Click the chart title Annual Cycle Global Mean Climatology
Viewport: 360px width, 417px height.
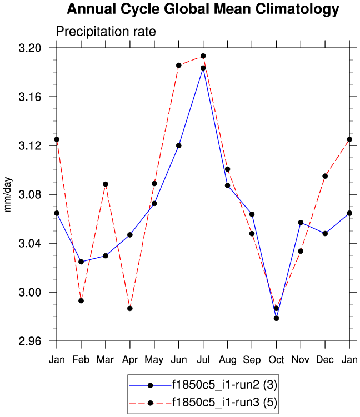pos(203,9)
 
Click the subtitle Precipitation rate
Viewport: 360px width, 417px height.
pos(106,32)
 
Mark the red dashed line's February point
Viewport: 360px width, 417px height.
pos(81,300)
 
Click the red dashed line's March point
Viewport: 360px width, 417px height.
pos(106,184)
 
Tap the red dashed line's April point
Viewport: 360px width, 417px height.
pos(130,308)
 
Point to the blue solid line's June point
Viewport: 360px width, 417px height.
pos(179,145)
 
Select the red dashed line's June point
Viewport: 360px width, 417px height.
pos(179,66)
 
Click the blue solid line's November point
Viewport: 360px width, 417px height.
pos(301,222)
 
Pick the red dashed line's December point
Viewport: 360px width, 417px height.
pos(325,176)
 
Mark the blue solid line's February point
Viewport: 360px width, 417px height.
pos(81,262)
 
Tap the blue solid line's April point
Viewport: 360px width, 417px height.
pos(130,235)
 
